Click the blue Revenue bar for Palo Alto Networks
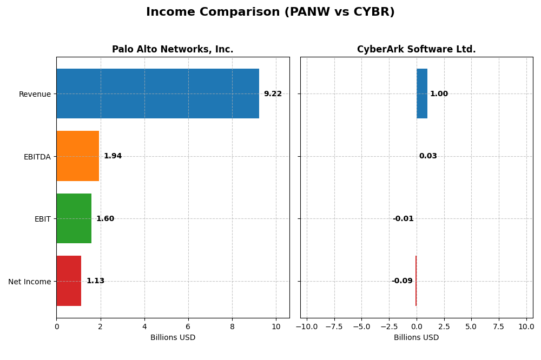coord(157,94)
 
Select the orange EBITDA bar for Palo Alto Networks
coord(77,156)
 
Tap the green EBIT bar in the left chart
coord(74,218)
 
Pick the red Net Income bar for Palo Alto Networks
coord(69,281)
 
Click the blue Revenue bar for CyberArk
coord(422,94)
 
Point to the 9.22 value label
coord(273,94)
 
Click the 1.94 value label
coord(113,156)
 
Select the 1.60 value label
coord(105,219)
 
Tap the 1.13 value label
coord(95,281)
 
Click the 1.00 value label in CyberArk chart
coord(439,94)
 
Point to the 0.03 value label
coord(428,156)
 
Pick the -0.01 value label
coord(403,219)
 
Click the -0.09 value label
coord(402,281)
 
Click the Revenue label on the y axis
coord(35,94)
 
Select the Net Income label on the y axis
coord(29,282)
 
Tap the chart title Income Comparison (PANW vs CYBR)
coord(270,12)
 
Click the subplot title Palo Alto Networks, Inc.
coord(173,50)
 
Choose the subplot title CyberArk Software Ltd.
coord(416,50)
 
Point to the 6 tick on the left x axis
coord(188,326)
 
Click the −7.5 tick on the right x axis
coord(334,326)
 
